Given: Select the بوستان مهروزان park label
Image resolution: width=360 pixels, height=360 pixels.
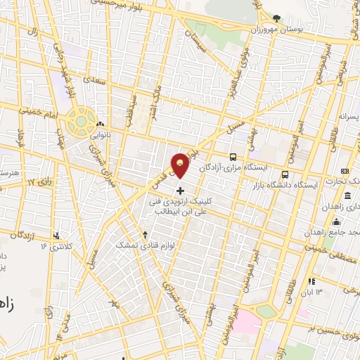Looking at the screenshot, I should pos(286,31).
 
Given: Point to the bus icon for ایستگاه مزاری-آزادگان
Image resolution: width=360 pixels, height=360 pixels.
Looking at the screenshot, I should pos(233,157).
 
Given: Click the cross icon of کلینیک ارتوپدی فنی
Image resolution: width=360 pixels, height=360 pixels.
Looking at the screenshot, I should pos(181,191).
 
